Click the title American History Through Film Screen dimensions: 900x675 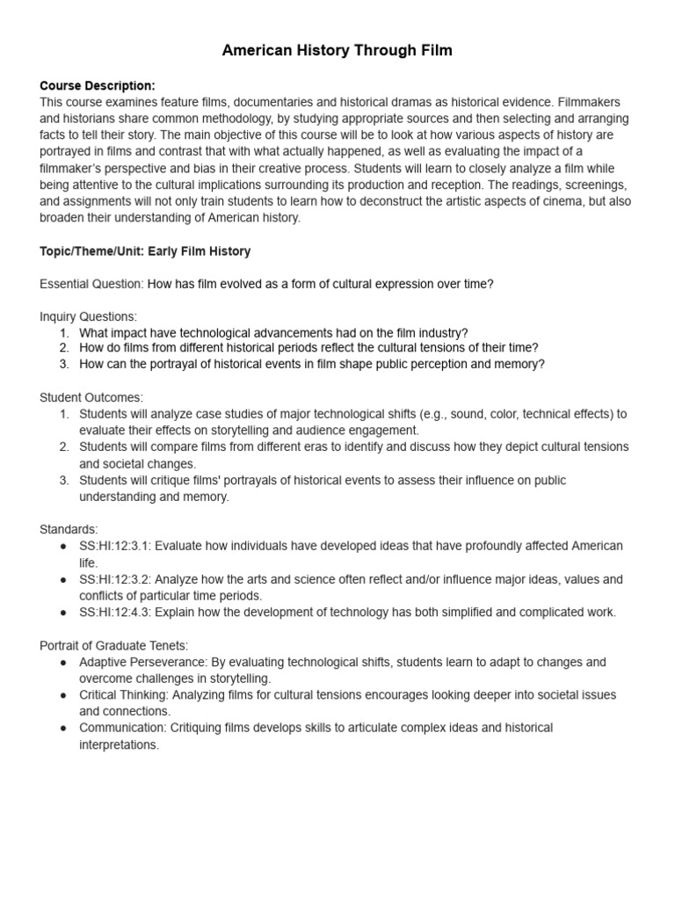(x=337, y=50)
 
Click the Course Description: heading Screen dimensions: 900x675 (x=98, y=85)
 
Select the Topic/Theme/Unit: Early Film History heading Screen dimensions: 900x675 (x=145, y=251)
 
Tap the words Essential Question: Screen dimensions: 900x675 (x=91, y=284)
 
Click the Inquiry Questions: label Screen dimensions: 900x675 (x=88, y=316)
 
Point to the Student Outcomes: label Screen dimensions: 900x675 (x=91, y=397)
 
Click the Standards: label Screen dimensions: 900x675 (x=69, y=529)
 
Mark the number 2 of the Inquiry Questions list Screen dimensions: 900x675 (x=64, y=348)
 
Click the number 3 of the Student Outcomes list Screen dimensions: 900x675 (x=64, y=480)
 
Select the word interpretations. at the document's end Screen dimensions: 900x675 (x=119, y=744)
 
